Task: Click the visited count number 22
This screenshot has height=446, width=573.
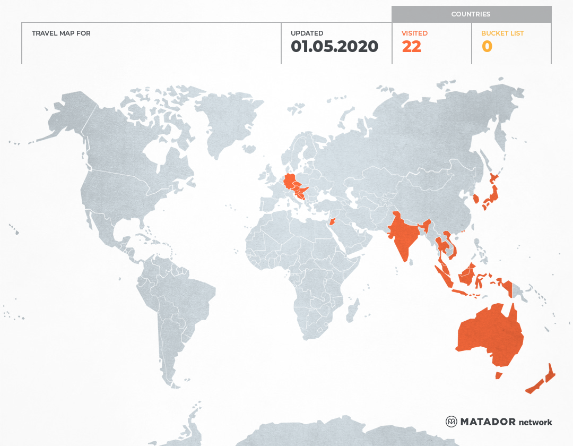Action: [411, 47]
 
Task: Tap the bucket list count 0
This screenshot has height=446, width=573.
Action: [487, 47]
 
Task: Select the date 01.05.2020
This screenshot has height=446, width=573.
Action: [334, 47]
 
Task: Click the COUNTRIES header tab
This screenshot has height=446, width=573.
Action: [471, 14]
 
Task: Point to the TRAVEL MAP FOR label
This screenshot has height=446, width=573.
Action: [61, 33]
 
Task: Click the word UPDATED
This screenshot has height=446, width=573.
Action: [307, 33]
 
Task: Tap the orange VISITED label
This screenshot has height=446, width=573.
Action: [414, 33]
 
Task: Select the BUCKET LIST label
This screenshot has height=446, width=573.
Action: [502, 33]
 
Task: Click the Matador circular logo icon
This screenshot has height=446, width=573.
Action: [451, 422]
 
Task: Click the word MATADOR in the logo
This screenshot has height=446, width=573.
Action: [488, 422]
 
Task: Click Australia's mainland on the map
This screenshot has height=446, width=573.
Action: [488, 334]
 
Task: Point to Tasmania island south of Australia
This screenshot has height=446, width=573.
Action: [498, 375]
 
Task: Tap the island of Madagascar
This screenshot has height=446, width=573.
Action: [351, 311]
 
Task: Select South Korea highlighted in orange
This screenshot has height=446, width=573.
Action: [476, 200]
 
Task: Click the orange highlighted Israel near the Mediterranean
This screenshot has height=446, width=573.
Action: [332, 221]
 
